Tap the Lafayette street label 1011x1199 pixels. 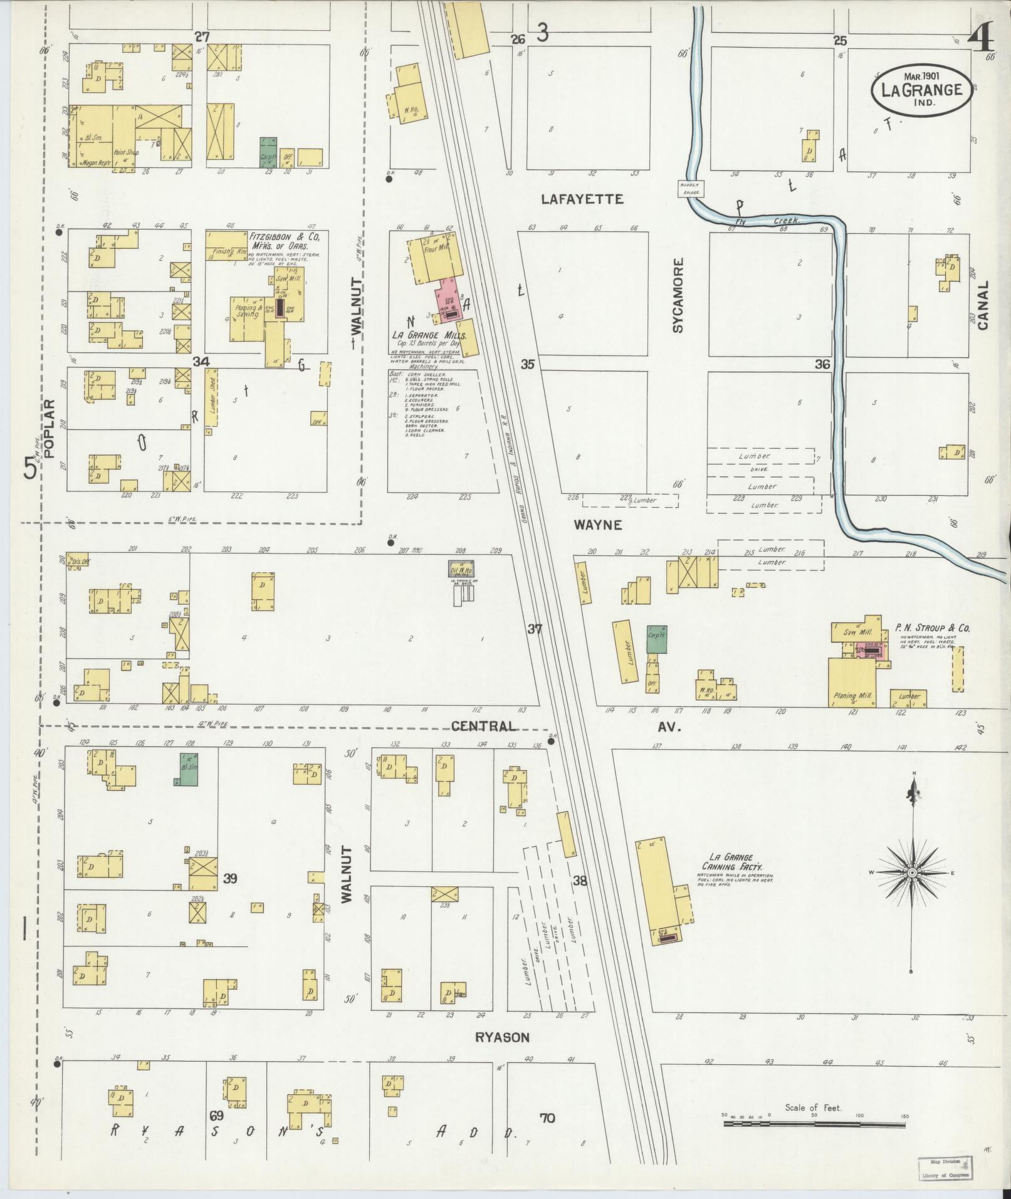pyautogui.click(x=582, y=199)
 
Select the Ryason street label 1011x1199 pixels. pyautogui.click(x=501, y=1037)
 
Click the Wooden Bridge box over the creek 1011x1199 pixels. pyautogui.click(x=691, y=188)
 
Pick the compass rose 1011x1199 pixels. pyautogui.click(x=912, y=873)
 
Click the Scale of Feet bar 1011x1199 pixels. pyautogui.click(x=814, y=1124)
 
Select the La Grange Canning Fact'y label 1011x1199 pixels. pyautogui.click(x=731, y=862)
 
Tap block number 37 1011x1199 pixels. pyautogui.click(x=534, y=629)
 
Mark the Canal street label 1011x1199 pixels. pyautogui.click(x=982, y=305)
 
